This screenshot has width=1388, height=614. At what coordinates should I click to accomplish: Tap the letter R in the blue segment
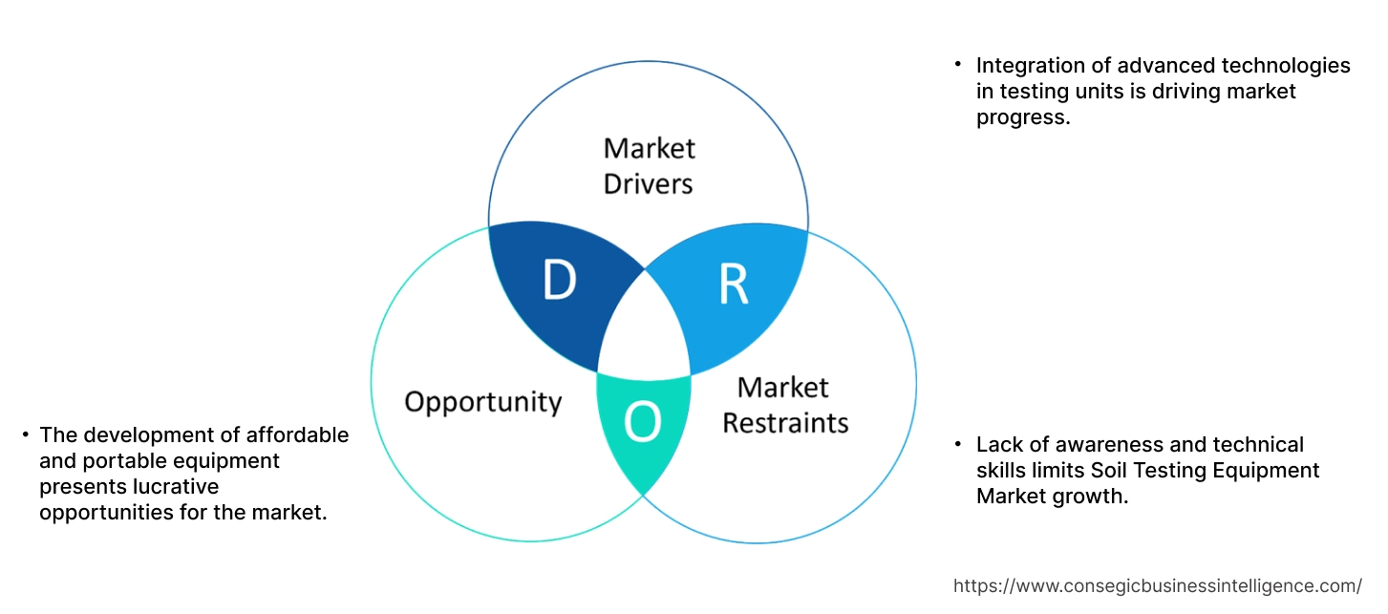tap(733, 284)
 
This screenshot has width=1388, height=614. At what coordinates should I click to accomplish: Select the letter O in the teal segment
tap(642, 422)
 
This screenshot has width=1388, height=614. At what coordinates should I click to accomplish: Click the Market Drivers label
tap(649, 165)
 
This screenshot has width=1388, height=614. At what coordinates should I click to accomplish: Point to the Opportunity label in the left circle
tap(482, 401)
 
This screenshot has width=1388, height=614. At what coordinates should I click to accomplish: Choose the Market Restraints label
tap(784, 405)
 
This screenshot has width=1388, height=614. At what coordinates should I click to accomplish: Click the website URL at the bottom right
tap(1158, 585)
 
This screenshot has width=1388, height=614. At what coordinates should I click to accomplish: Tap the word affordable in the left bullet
tap(300, 435)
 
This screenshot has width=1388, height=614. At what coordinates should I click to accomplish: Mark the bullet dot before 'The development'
tap(25, 435)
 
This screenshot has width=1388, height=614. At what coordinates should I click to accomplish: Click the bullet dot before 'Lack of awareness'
tap(957, 445)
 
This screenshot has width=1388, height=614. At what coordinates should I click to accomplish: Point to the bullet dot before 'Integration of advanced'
tap(957, 66)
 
